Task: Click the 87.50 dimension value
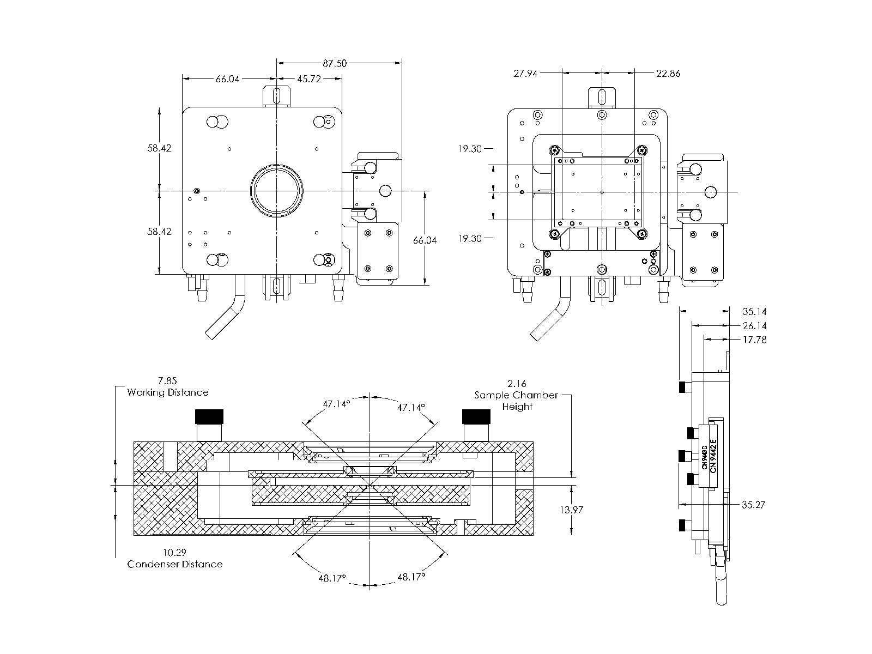pyautogui.click(x=335, y=63)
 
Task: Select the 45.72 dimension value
pyautogui.click(x=308, y=79)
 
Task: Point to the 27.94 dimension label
pyautogui.click(x=525, y=73)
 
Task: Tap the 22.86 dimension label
pyautogui.click(x=668, y=73)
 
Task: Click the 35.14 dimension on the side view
pyautogui.click(x=755, y=312)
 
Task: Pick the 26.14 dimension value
pyautogui.click(x=755, y=326)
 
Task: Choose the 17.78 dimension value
pyautogui.click(x=755, y=340)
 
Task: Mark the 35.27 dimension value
pyautogui.click(x=754, y=505)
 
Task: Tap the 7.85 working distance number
pyautogui.click(x=167, y=381)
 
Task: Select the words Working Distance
pyautogui.click(x=167, y=392)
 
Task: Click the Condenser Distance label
pyautogui.click(x=175, y=564)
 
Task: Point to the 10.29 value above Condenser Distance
pyautogui.click(x=175, y=552)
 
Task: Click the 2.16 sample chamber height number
pyautogui.click(x=517, y=384)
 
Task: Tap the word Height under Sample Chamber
pyautogui.click(x=517, y=407)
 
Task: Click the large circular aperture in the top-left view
pyautogui.click(x=276, y=191)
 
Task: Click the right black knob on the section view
pyautogui.click(x=477, y=417)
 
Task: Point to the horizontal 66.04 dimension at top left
pyautogui.click(x=228, y=79)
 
